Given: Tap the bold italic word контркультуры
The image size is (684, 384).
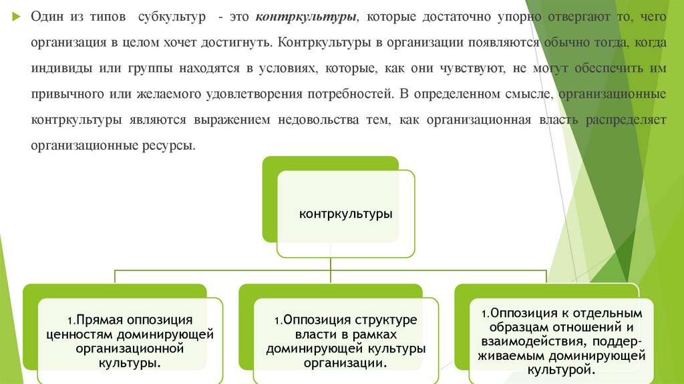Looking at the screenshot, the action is tap(297, 15).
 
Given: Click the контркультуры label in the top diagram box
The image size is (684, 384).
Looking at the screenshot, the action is tap(345, 214).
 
